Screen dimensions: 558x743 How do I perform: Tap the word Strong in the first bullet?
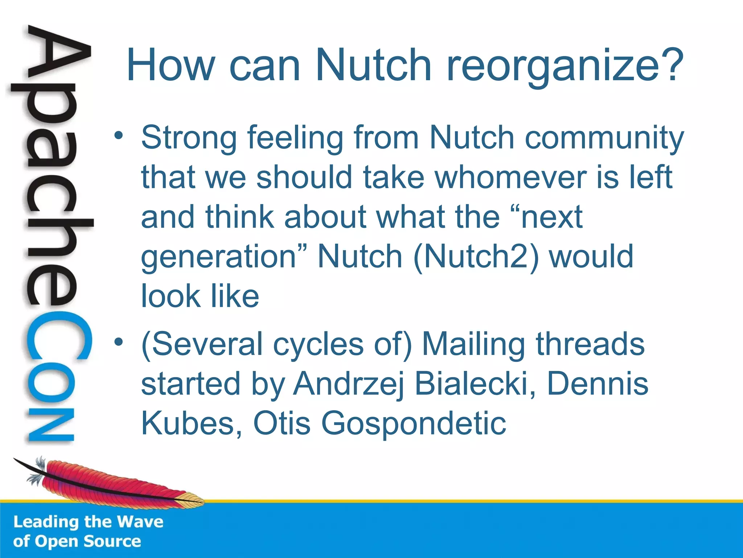(189, 138)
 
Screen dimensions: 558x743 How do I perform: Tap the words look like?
(200, 296)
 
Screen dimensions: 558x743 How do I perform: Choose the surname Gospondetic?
(414, 423)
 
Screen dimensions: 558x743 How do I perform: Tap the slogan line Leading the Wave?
(88, 522)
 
